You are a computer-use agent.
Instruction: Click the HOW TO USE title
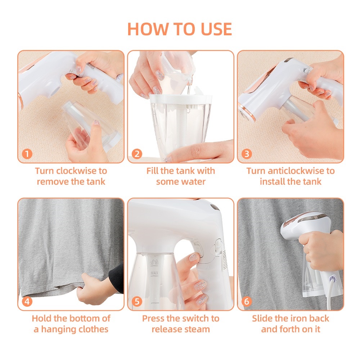pos(180,29)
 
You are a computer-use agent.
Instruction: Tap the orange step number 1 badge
pos(27,154)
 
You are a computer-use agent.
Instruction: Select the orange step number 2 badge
pos(137,154)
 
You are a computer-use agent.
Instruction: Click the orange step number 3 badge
pos(247,154)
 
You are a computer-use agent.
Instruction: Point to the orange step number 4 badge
pos(27,301)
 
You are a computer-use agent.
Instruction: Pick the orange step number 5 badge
pos(137,301)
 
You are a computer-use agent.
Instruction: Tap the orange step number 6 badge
pos(247,301)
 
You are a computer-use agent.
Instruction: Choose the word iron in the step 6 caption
pos(294,319)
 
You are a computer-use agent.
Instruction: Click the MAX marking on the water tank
pos(154,273)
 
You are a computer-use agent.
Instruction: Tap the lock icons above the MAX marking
pos(154,262)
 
